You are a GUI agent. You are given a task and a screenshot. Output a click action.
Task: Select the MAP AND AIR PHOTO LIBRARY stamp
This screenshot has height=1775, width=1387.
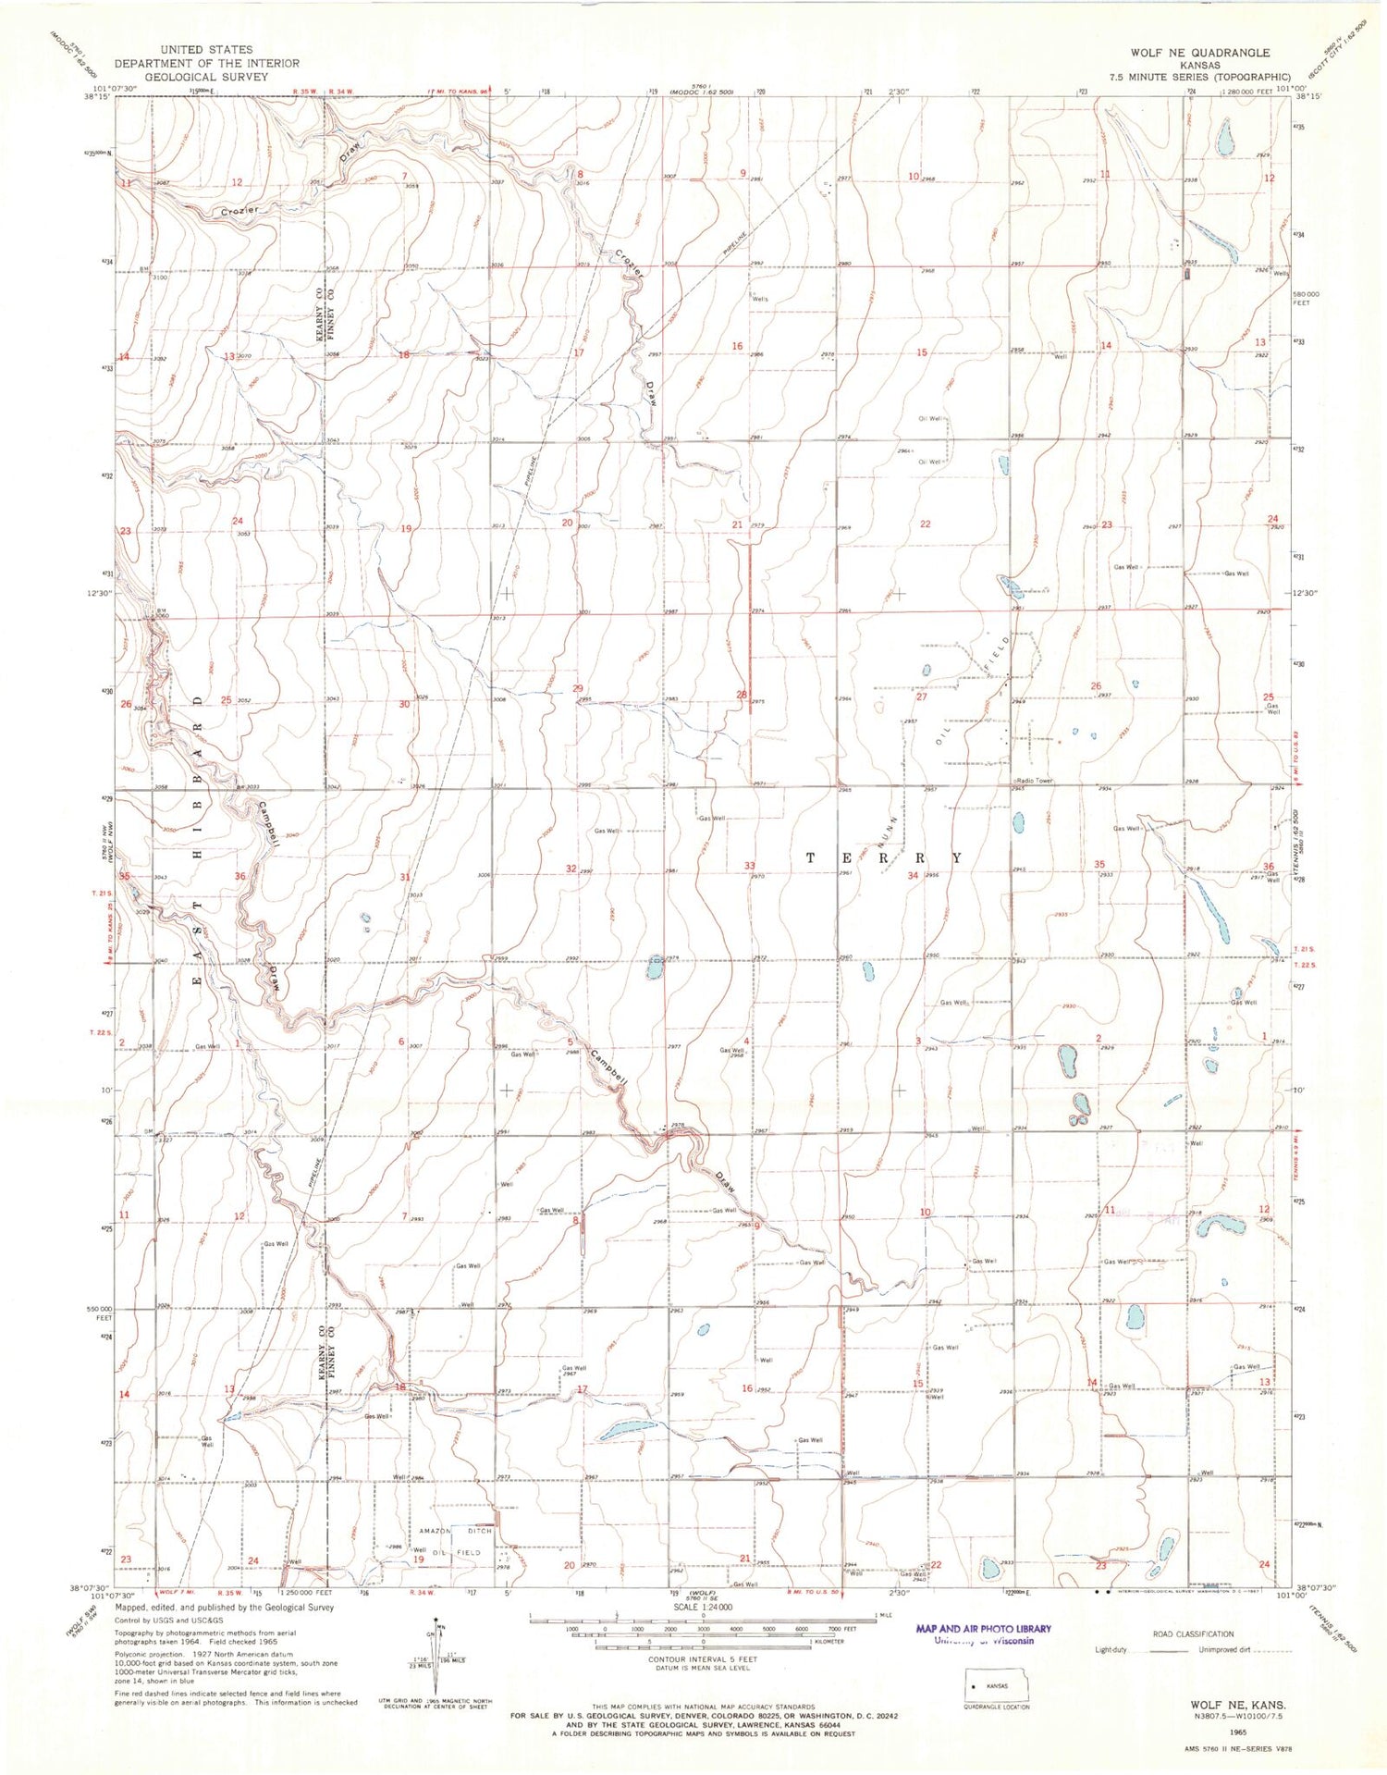(983, 1629)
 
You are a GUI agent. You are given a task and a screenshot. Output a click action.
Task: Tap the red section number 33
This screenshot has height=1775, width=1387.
(749, 866)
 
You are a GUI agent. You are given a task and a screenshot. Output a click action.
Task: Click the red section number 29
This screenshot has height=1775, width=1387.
(578, 688)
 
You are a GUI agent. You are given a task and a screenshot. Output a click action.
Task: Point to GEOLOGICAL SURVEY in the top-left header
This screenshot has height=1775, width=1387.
(206, 77)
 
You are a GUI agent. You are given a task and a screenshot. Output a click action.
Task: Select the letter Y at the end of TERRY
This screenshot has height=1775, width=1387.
(956, 858)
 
